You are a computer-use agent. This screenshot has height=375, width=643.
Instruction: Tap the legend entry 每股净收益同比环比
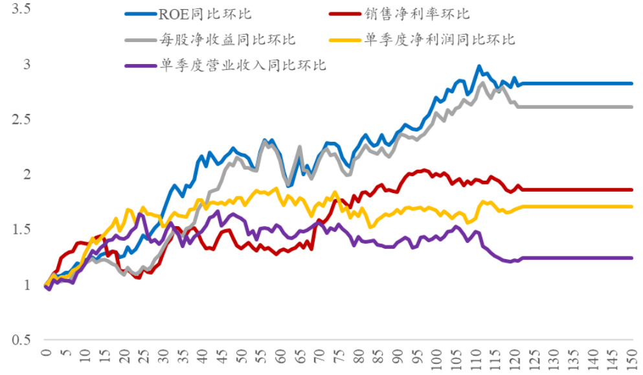click(x=227, y=40)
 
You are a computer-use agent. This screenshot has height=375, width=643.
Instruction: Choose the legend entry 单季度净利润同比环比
click(x=440, y=40)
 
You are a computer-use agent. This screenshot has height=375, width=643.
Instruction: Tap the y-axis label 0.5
click(x=20, y=340)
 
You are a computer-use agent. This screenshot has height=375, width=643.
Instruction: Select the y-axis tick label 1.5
click(x=20, y=230)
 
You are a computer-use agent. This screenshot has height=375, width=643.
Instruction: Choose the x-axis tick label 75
click(x=338, y=358)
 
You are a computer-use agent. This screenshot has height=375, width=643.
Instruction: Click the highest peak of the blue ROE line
click(x=479, y=65)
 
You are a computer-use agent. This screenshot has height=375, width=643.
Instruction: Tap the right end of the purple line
click(x=631, y=258)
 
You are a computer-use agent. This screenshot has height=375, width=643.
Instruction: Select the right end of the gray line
click(x=631, y=107)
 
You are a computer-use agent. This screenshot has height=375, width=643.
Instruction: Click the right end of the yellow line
click(x=631, y=207)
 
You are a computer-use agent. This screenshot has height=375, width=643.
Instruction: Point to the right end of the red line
click(x=631, y=190)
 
